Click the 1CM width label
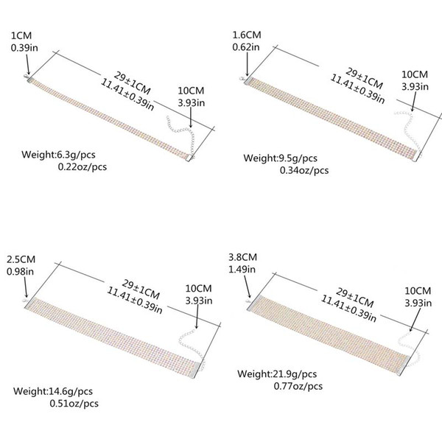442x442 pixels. [x=21, y=36]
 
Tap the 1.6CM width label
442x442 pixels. [x=247, y=35]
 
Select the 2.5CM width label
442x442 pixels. [x=21, y=259]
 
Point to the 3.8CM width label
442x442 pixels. [x=242, y=257]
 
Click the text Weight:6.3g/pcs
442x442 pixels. [x=58, y=155]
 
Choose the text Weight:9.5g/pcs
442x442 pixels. [x=280, y=158]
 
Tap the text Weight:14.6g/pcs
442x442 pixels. [x=53, y=391]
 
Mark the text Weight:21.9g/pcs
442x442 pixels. [x=277, y=374]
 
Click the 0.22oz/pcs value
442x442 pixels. [x=83, y=167]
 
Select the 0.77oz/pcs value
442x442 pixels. [x=298, y=386]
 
